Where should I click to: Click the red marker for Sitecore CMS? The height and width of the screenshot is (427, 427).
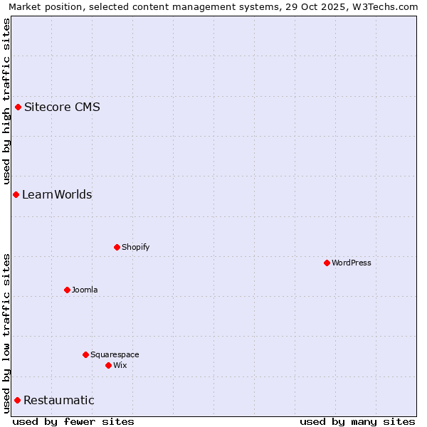coord(19,107)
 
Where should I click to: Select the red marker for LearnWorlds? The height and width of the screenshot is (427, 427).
coord(16,195)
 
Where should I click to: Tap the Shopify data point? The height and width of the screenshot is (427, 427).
coord(117,248)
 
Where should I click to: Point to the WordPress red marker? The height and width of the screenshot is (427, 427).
coord(327,263)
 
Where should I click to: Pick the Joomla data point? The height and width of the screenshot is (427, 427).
coord(68,290)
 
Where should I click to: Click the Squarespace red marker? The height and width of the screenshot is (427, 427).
coord(86,355)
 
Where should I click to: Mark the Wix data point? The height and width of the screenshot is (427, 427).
coord(109,366)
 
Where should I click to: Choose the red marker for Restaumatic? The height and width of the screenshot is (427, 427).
coord(18,401)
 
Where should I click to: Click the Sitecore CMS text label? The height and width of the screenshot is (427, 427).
coord(62,107)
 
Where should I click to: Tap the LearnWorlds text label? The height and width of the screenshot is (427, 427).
coord(57,195)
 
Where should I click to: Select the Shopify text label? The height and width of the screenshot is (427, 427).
coord(135,248)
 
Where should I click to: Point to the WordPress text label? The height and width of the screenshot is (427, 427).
coord(352,263)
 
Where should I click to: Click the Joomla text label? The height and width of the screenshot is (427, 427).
coord(85,290)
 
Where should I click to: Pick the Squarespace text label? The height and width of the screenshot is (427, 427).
coord(115,355)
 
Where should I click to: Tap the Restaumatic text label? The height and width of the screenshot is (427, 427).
coord(59,401)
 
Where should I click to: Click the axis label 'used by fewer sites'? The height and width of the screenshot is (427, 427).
coord(73,421)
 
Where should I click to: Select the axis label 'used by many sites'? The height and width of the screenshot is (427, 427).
coord(357,421)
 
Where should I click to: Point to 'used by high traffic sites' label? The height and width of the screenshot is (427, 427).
coord(6,101)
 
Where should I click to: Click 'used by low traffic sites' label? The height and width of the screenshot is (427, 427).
coord(6,333)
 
